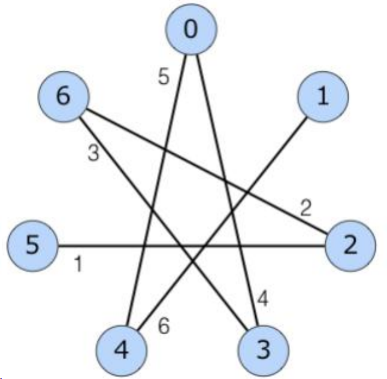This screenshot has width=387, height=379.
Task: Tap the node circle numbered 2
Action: [350, 245]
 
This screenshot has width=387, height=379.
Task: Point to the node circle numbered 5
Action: [32, 245]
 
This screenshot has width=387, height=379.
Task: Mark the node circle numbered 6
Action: [63, 96]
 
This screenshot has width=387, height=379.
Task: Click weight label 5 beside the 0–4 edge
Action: [164, 77]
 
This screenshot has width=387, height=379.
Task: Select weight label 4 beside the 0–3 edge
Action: [264, 298]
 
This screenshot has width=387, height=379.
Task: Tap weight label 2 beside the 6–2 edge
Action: [306, 209]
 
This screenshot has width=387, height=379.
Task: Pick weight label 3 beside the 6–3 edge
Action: [93, 153]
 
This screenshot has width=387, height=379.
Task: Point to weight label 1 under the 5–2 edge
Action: [78, 263]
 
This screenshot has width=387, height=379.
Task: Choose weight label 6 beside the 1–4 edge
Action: [164, 327]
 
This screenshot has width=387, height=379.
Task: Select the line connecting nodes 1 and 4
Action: [258, 180]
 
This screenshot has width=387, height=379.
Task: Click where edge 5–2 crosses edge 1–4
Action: [207, 245]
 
